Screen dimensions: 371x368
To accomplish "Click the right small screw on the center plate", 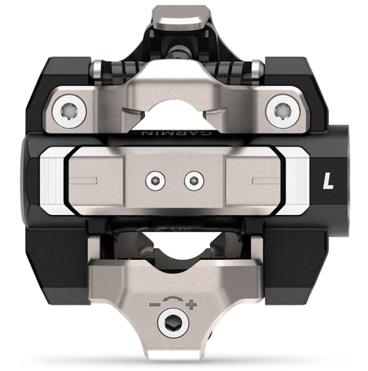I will tap(194, 177).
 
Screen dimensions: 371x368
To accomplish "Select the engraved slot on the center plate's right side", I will tap(259, 179).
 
